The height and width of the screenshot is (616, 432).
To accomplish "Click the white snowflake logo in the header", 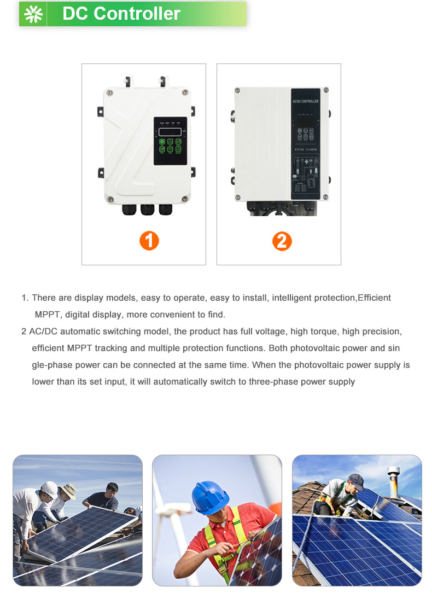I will [x=33, y=14].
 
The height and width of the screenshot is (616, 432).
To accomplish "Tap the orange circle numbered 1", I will [x=149, y=241].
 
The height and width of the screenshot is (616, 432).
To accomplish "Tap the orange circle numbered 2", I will [x=282, y=241].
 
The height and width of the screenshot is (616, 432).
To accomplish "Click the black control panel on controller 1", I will [x=170, y=141].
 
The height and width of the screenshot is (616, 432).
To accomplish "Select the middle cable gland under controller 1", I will [x=147, y=210].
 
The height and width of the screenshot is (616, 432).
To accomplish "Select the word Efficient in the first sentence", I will [x=374, y=298].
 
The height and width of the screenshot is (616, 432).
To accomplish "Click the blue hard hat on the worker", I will [x=209, y=496].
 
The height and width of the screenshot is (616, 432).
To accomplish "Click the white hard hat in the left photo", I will [x=49, y=489].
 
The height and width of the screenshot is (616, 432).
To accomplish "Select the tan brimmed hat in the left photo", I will [x=68, y=490].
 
